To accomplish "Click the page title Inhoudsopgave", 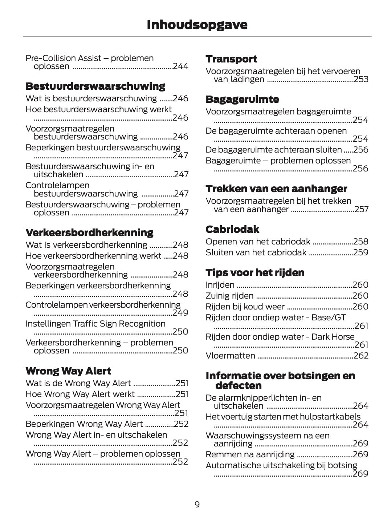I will [197, 25].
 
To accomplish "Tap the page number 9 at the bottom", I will [197, 504].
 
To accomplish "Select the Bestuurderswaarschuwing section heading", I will [95, 86].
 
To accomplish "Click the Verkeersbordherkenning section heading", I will [89, 232].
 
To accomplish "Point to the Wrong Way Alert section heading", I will [68, 371].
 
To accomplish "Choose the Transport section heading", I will [231, 59].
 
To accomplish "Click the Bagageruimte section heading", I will [242, 100].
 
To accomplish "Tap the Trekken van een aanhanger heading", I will [276, 189].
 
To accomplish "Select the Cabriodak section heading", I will [232, 230].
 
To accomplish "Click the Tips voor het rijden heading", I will [255, 273].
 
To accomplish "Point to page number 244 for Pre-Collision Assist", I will [180, 66].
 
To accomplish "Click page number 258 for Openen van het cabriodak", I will [360, 242].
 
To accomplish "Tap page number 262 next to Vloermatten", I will [360, 356].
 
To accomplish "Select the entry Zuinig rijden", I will [229, 296].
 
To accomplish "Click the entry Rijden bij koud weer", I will [245, 307].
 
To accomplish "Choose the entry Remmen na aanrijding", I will [250, 455].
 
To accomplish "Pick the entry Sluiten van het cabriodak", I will [256, 253].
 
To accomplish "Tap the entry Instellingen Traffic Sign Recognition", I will [95, 324].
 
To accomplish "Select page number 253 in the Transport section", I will [360, 80].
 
